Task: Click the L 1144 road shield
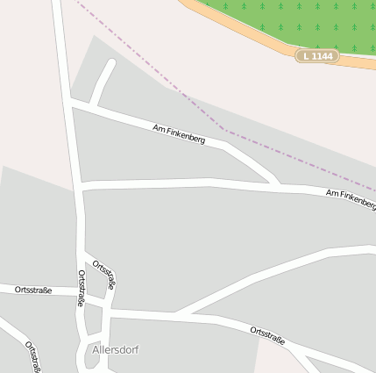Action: click(316, 56)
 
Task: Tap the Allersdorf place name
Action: click(115, 349)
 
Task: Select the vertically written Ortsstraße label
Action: click(82, 288)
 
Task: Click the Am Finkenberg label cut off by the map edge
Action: click(351, 197)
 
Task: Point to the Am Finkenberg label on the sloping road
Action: click(179, 134)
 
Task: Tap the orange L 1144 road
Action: click(263, 44)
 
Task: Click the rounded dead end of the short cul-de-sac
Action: click(110, 64)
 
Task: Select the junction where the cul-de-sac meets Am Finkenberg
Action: click(94, 107)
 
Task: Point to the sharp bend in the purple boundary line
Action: click(225, 131)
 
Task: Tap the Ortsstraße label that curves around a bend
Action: click(104, 274)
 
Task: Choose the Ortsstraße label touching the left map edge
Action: click(32, 290)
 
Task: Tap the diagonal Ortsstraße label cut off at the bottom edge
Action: click(33, 356)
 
